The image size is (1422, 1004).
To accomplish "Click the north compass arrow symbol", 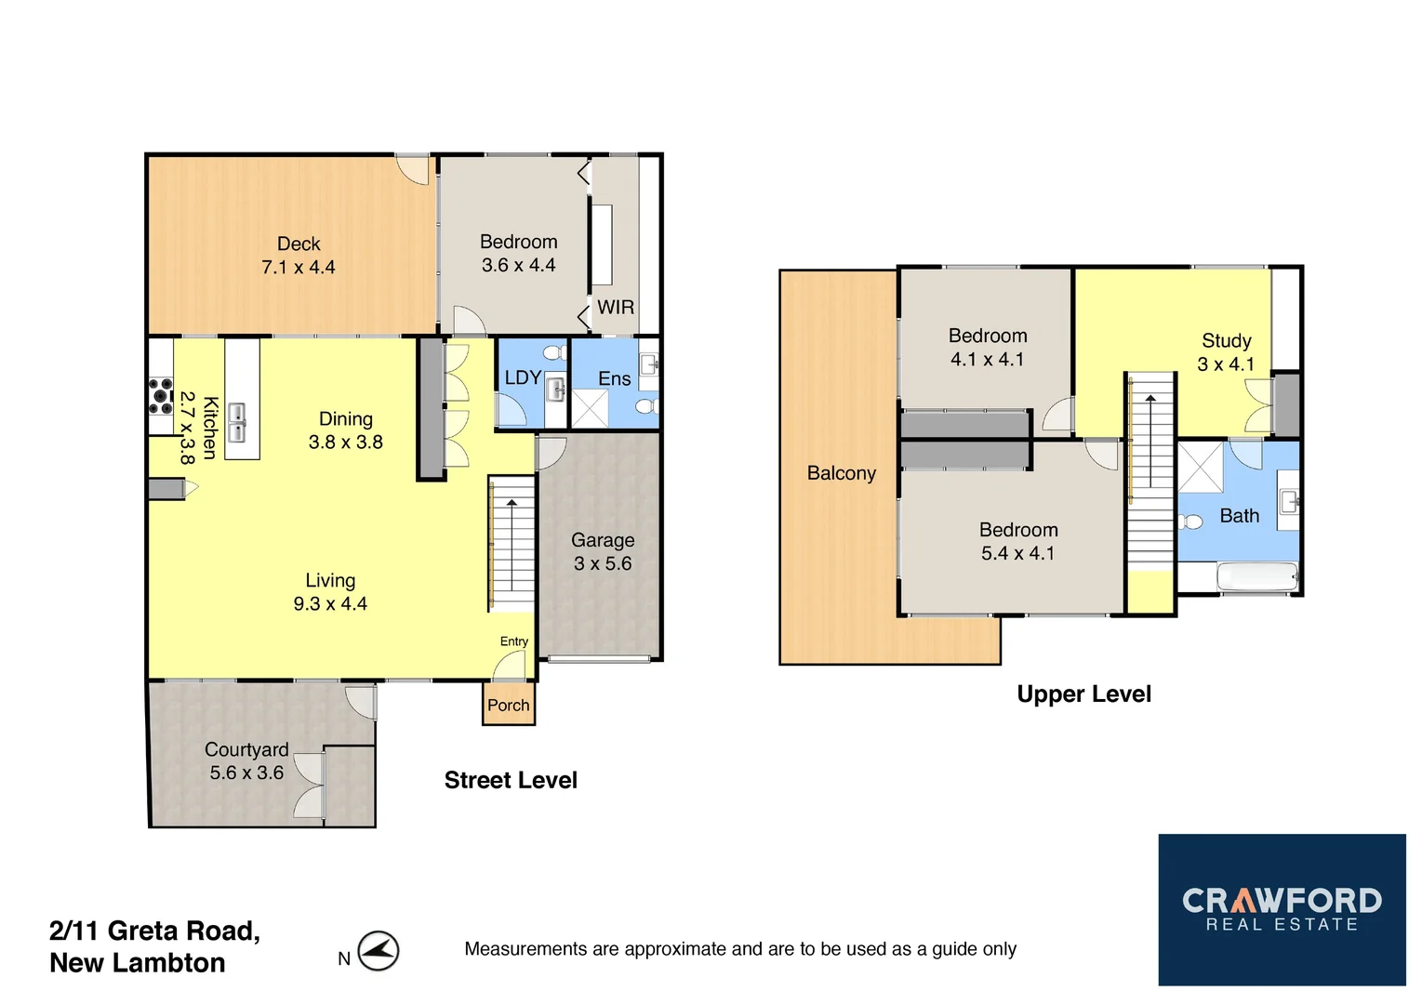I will click(x=379, y=951).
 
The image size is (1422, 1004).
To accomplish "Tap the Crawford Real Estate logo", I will click(x=1281, y=909).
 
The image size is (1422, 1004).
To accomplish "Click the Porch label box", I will click(x=509, y=705).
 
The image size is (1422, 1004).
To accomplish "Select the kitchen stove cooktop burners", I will click(x=161, y=395).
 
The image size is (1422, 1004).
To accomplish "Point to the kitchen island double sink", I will click(x=237, y=423).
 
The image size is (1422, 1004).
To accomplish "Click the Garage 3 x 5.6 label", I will click(x=603, y=551).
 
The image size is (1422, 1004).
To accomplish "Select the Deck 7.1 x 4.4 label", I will click(x=299, y=256).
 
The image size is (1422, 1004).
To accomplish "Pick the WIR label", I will click(x=616, y=307).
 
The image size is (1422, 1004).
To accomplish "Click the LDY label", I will click(x=523, y=377).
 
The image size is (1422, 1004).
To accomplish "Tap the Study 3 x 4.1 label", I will click(x=1226, y=352).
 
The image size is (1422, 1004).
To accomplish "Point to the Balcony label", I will click(x=842, y=473).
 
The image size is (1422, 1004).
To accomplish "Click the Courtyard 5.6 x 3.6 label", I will click(x=246, y=760).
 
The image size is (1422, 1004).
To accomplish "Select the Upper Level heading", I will click(x=1083, y=694).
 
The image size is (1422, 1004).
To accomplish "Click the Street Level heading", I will click(x=511, y=780).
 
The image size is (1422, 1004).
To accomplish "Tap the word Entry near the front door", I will click(x=513, y=641).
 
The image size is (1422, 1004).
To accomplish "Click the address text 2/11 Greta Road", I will click(x=154, y=931).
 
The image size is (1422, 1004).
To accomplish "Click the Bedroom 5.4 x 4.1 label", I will click(x=1018, y=541).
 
